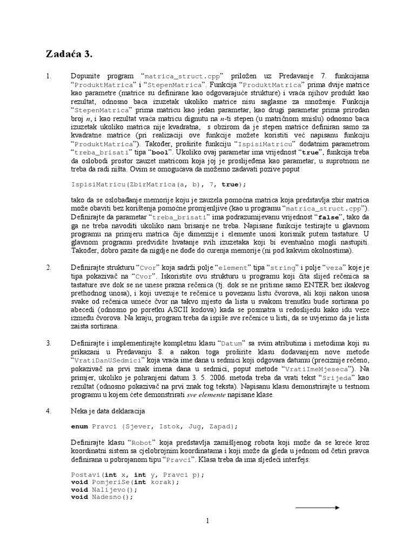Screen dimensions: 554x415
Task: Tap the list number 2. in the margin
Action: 49,267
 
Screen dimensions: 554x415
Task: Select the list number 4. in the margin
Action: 49,411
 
